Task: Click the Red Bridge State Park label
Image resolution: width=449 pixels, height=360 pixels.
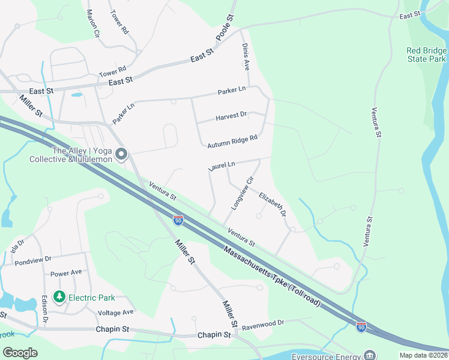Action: coord(426,55)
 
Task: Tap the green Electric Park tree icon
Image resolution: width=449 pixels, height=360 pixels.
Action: coord(59,296)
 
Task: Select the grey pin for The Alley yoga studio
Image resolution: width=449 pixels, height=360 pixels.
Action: coord(121,155)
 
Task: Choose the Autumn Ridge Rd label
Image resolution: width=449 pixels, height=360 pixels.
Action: coord(232,142)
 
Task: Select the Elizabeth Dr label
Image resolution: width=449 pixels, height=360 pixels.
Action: coord(272,204)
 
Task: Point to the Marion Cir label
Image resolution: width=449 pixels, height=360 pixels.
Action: coord(92,24)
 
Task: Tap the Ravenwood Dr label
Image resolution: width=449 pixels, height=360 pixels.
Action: coord(263,323)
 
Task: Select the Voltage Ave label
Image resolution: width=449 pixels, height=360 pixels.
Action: coord(115,313)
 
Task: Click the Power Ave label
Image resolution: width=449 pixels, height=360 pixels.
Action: coord(66,273)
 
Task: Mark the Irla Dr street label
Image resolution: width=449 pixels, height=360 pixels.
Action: coord(16,246)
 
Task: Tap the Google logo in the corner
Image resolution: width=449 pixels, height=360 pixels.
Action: coord(20,352)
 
